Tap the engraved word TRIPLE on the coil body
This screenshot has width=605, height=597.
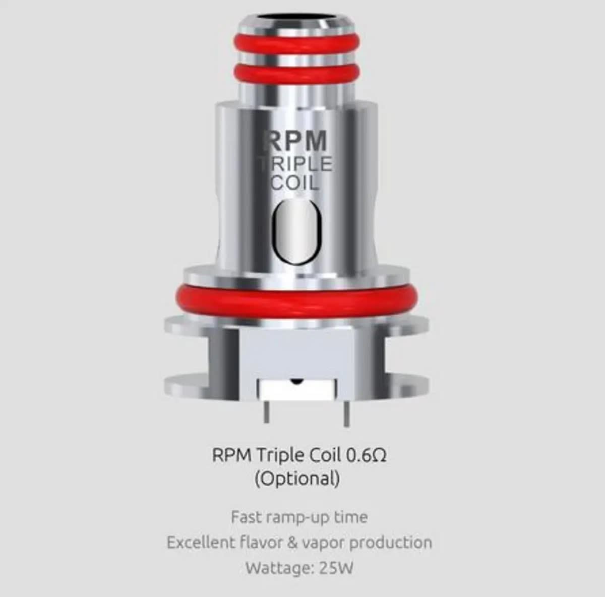296,164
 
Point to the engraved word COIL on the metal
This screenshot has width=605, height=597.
295,182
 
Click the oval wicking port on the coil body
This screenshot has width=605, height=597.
297,230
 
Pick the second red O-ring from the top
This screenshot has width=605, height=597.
297,73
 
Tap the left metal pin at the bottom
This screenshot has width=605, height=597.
266,411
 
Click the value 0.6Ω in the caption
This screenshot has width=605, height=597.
367,455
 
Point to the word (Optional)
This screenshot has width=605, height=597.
297,478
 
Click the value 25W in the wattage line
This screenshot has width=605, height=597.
336,568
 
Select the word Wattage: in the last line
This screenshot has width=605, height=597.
279,568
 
